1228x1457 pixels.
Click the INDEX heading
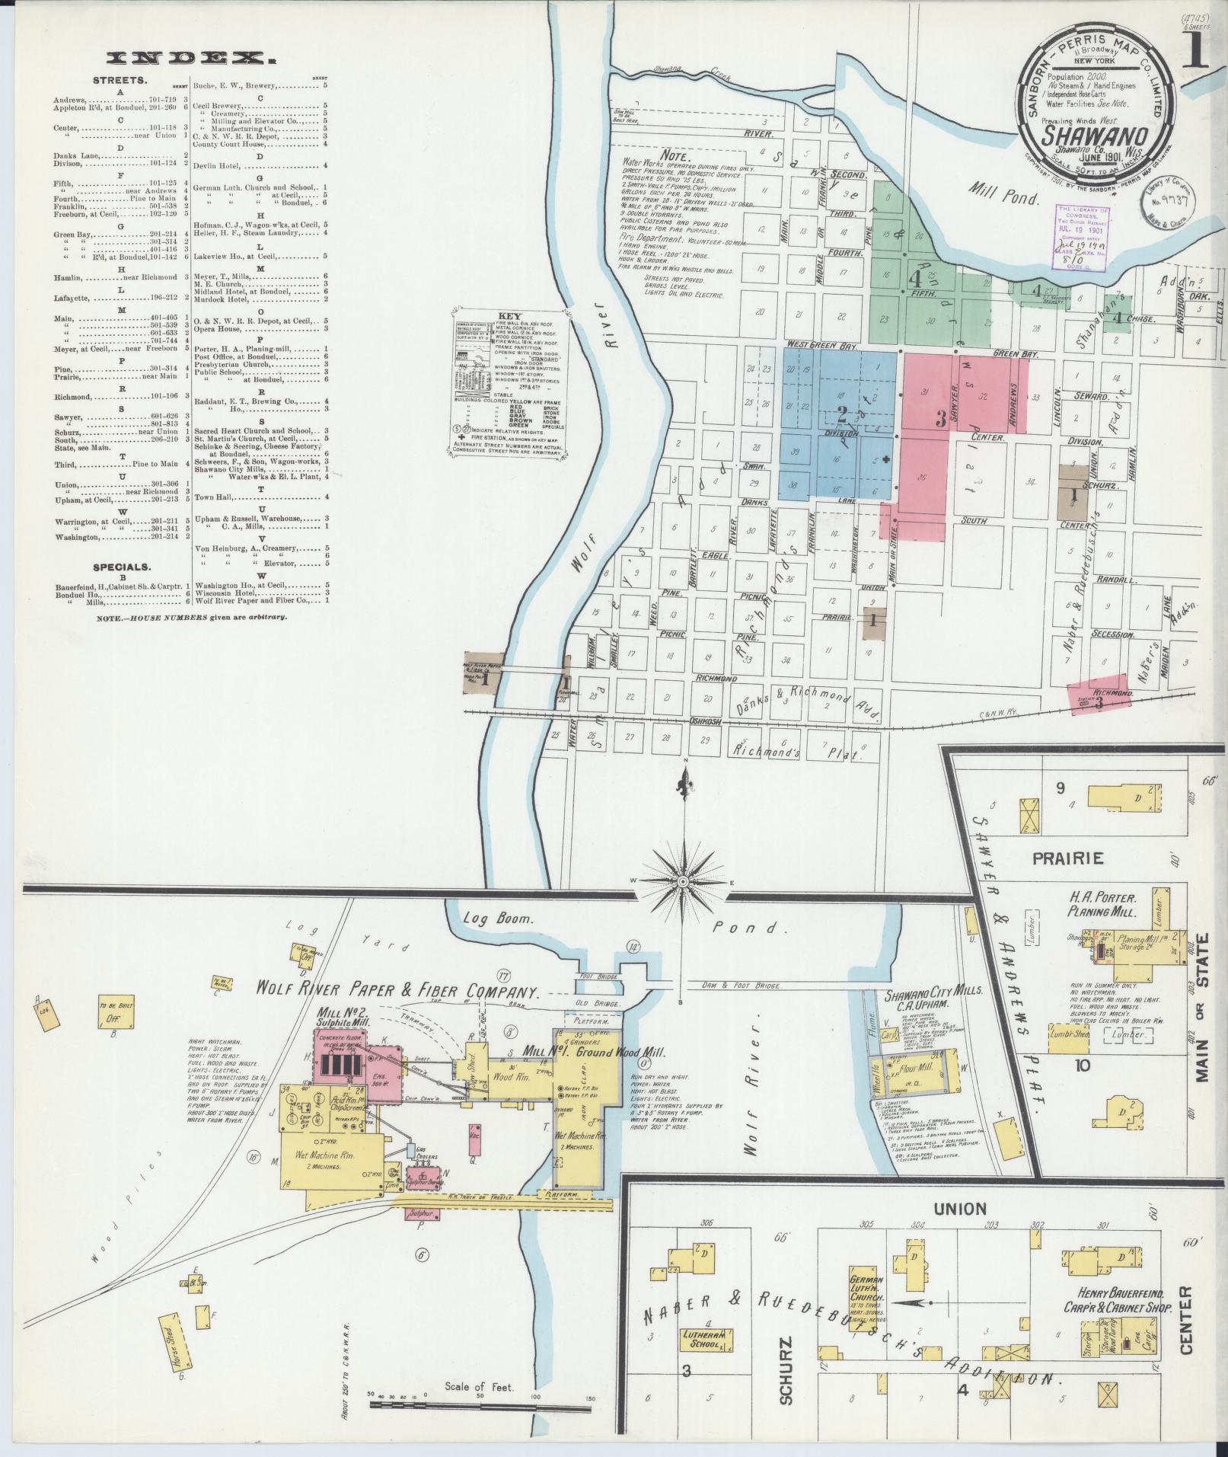pyautogui.click(x=191, y=58)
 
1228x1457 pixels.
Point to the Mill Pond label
pyautogui.click(x=1005, y=197)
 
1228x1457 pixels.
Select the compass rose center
pyautogui.click(x=683, y=881)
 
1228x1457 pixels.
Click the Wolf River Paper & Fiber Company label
pyautogui.click(x=397, y=992)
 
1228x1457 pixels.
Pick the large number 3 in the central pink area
pyautogui.click(x=940, y=418)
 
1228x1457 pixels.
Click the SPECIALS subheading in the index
pyautogui.click(x=122, y=567)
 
